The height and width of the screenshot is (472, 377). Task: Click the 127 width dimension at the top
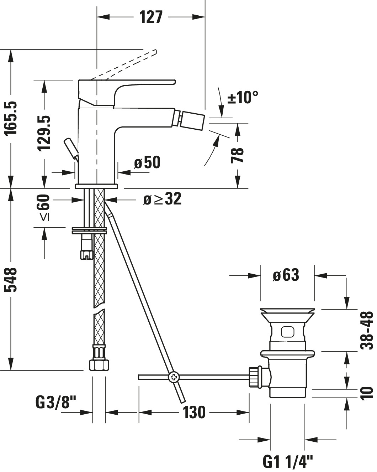click(151, 17)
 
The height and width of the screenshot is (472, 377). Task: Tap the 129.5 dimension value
click(44, 133)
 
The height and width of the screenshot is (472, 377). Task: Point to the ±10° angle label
click(243, 97)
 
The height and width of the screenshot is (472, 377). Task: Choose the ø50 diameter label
click(147, 162)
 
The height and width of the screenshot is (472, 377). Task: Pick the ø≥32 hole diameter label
click(162, 199)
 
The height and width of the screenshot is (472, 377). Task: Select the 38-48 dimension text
click(367, 330)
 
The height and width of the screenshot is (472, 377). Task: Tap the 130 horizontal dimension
click(194, 412)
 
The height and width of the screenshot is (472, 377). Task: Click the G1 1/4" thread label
click(288, 462)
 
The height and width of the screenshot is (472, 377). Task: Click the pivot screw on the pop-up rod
click(174, 377)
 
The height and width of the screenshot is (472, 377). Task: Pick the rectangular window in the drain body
click(287, 332)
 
